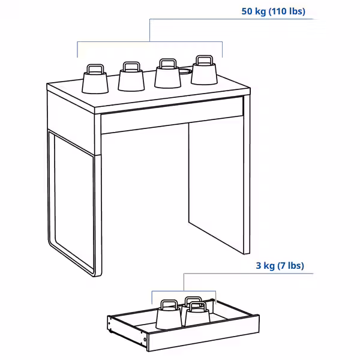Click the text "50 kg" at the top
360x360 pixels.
tap(254, 11)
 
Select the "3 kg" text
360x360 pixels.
tap(265, 265)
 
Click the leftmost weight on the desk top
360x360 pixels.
tap(95, 82)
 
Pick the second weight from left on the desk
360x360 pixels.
tap(131, 80)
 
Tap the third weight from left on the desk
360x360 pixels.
tap(167, 77)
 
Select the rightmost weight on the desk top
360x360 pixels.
tap(204, 74)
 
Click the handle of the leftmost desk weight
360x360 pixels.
tap(95, 67)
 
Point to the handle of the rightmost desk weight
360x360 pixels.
tap(204, 59)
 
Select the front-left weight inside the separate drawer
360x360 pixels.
tap(169, 318)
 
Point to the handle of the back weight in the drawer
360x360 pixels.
tap(192, 299)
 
